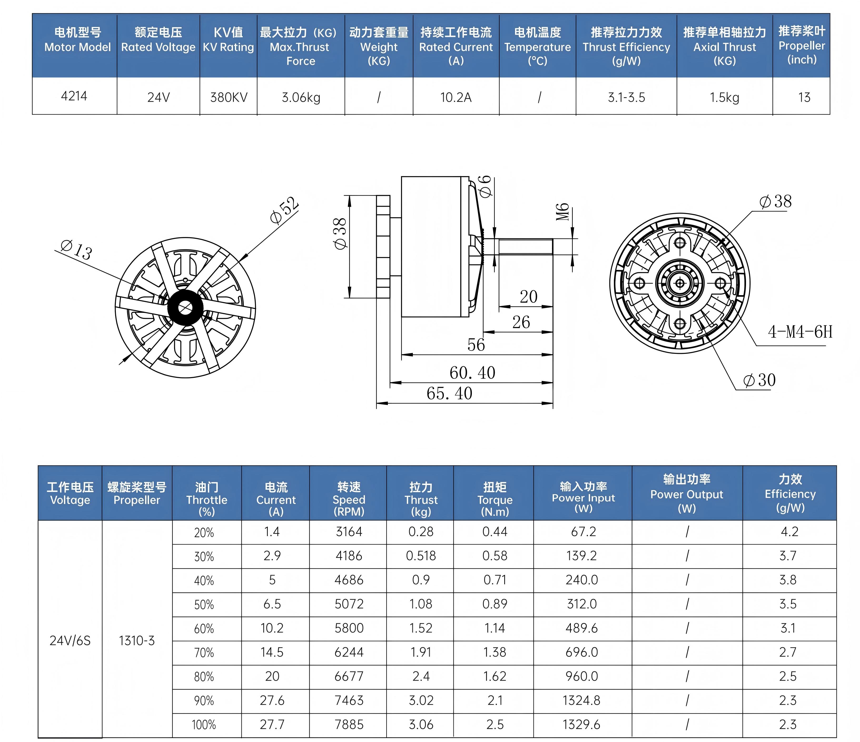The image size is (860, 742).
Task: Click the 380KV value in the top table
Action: pyautogui.click(x=229, y=97)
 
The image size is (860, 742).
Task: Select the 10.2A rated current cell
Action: pyautogui.click(x=456, y=97)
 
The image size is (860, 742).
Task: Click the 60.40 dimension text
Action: pyautogui.click(x=472, y=373)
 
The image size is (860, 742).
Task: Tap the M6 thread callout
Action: pyautogui.click(x=562, y=212)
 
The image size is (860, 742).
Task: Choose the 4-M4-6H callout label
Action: pyautogui.click(x=800, y=332)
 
